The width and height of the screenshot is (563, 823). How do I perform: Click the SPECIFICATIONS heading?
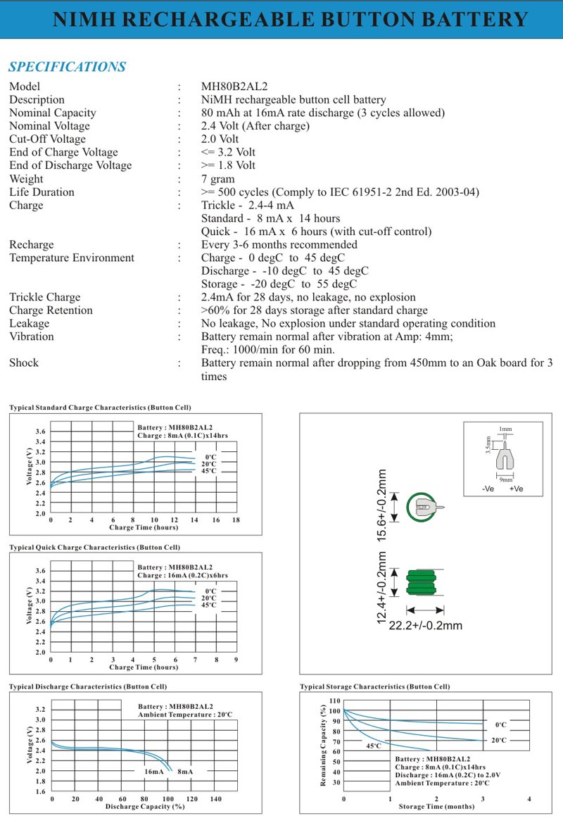point(67,67)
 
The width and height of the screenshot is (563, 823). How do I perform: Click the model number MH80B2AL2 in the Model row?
point(234,87)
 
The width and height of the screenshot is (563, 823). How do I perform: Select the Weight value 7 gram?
point(218,179)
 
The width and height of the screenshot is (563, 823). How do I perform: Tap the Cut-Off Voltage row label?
point(47,139)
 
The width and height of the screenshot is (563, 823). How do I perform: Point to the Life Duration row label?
point(42,192)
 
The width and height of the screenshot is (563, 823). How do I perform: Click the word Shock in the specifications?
point(24,363)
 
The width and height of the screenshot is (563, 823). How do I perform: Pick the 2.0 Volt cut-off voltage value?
point(220,139)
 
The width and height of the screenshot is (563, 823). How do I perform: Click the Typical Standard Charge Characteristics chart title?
point(100,408)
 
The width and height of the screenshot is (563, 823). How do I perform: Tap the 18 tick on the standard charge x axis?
point(236,520)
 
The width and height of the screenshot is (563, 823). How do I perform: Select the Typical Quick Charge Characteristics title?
point(94,547)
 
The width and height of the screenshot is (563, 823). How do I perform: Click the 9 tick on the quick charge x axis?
point(236,660)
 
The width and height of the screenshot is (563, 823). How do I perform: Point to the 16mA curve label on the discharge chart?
point(154,772)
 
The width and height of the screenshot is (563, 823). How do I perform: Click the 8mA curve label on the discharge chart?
point(185,772)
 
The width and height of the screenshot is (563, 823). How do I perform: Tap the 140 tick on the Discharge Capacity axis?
point(216,799)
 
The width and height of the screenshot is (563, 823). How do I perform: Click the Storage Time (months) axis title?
point(436,807)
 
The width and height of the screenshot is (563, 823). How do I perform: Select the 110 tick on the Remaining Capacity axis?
point(334,701)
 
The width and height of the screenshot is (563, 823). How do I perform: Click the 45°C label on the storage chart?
point(373,746)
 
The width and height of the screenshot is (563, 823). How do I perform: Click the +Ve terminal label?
point(516,489)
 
